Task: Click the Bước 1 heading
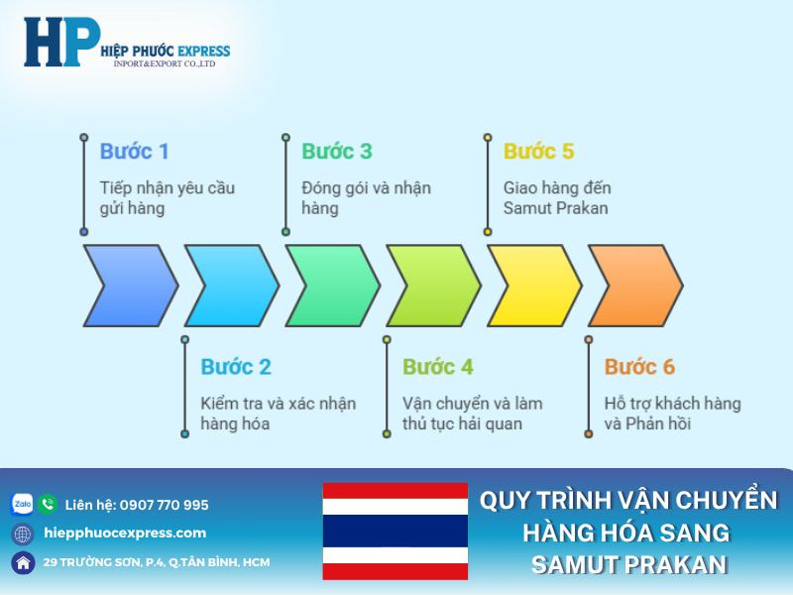[134, 152]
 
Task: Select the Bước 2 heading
[235, 367]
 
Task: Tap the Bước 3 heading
[336, 152]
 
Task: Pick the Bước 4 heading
[437, 367]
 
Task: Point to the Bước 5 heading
[538, 152]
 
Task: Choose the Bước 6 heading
[639, 367]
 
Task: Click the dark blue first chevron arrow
[129, 286]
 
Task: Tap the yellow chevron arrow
[533, 286]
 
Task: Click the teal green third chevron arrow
[331, 286]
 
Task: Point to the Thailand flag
[395, 531]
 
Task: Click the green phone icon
[48, 505]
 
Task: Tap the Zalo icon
[22, 505]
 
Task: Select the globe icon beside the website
[22, 534]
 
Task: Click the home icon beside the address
[22, 562]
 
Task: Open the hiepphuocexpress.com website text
[126, 534]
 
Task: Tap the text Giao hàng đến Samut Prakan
[556, 198]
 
